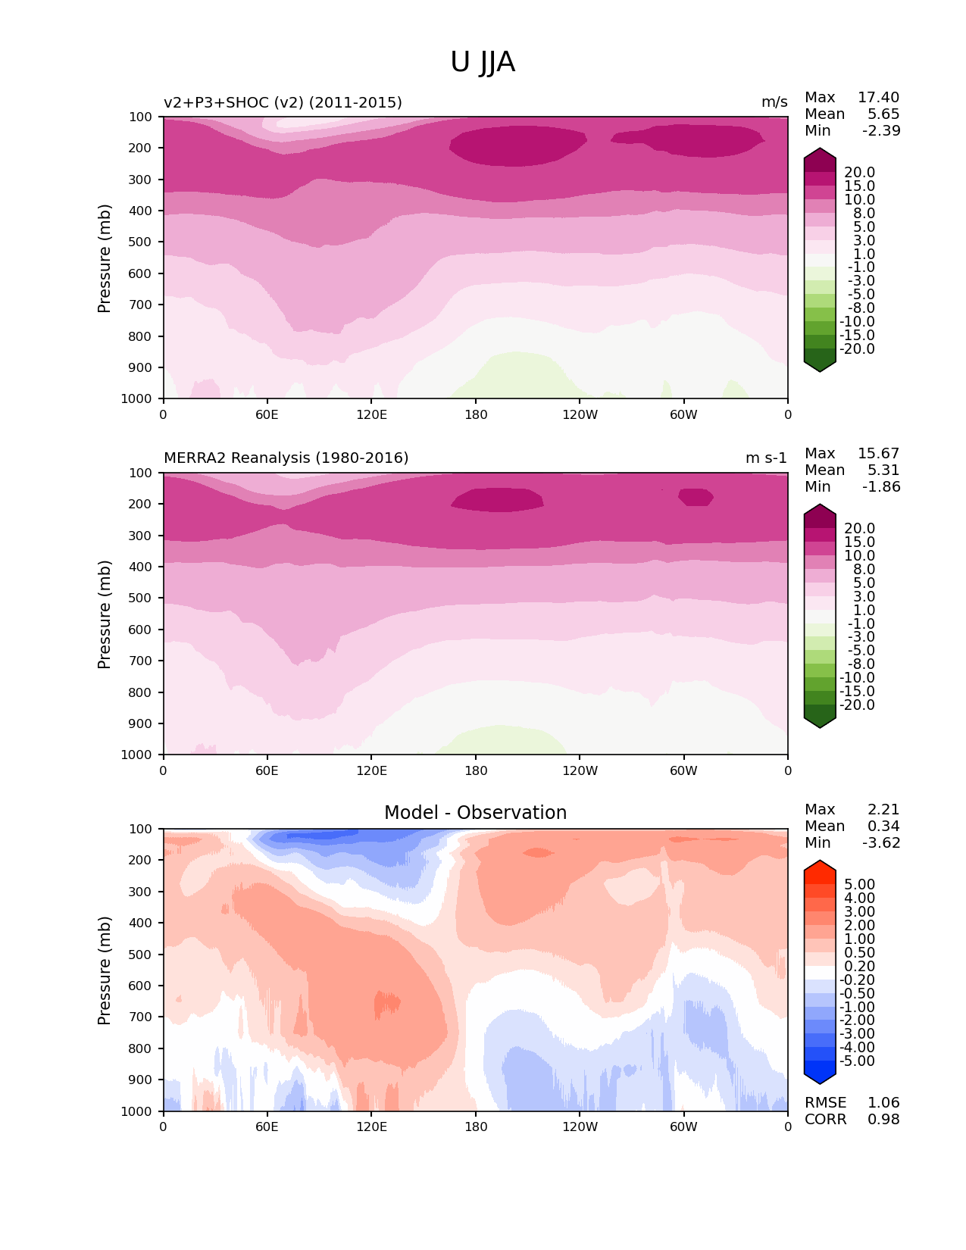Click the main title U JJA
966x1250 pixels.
coord(483,62)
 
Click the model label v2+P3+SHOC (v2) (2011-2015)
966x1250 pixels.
coord(283,102)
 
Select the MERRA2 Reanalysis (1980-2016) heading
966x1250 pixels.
coord(286,458)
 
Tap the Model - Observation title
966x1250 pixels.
coord(475,812)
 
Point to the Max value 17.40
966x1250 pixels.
coord(878,97)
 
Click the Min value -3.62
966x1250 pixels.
coord(881,842)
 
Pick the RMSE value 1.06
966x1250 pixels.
coord(883,1102)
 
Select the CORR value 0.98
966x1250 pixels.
coord(883,1119)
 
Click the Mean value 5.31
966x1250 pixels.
coord(883,470)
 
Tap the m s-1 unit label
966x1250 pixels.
coord(766,458)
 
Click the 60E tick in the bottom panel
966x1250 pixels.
coord(267,1127)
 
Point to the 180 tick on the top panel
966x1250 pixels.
coord(475,414)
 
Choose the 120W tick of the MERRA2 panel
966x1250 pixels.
coord(580,770)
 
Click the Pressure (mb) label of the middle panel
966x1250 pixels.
coord(105,614)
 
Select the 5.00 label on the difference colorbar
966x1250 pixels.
coord(859,884)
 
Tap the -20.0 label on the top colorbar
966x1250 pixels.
coord(857,348)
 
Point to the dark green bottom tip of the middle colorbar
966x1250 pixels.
coord(820,721)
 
